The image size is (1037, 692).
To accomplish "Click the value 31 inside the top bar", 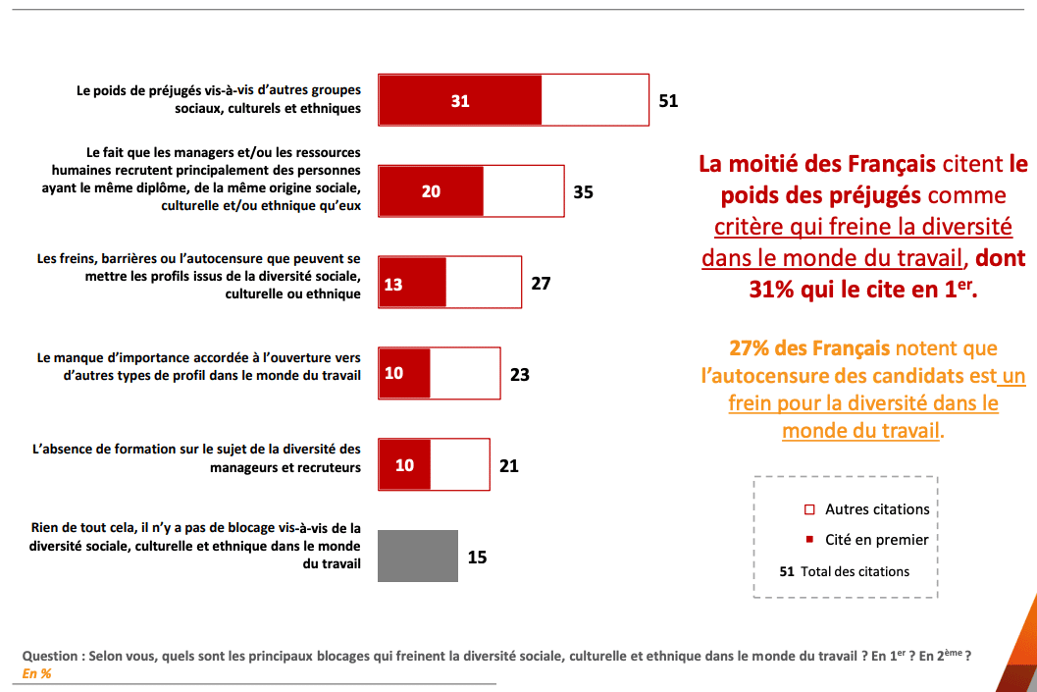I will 460,101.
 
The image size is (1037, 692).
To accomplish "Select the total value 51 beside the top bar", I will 668,101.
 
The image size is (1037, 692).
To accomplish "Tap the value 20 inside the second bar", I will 431,192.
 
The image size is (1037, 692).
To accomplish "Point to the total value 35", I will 583,192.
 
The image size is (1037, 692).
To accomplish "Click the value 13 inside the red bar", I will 393,285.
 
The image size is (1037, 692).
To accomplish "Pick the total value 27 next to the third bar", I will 541,285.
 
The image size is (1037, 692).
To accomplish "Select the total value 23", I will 519,375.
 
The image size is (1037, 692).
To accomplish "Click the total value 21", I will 508,466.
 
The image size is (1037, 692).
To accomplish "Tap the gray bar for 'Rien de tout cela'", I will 418,557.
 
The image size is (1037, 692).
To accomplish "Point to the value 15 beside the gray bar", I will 477,558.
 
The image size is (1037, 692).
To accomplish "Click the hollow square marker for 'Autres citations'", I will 809,509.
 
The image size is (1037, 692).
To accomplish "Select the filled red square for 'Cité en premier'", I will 809,539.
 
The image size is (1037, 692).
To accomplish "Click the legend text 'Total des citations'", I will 855,571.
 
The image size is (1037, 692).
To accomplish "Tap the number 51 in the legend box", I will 786,571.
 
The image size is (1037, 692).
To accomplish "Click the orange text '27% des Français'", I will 809,348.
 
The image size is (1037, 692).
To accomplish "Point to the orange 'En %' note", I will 36,673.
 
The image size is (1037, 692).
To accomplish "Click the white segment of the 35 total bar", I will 523,192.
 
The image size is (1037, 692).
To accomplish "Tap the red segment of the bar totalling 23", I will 404,375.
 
